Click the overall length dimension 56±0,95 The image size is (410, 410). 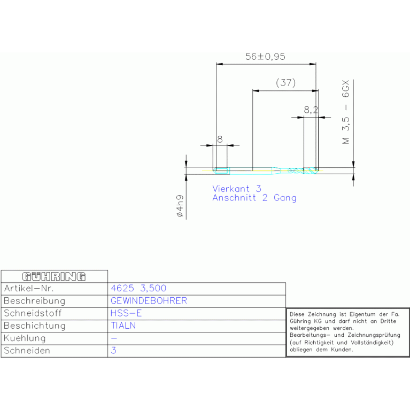pos(266,57)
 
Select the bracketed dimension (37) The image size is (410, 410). pos(285,83)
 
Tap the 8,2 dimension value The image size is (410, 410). pos(311,110)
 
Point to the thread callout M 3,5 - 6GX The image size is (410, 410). pos(346,113)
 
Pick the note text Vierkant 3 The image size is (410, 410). pos(237,189)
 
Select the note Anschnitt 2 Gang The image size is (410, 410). pos(254,198)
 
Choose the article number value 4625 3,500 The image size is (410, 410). pos(138,288)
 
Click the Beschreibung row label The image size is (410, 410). pos(34,301)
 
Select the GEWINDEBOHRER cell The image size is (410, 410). pos(149,301)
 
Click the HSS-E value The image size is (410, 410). pos(126,313)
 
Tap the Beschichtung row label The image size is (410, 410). pos(34,326)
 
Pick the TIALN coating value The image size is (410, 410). pos(123,326)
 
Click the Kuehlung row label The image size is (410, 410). pos(25,338)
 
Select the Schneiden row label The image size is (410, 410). pos(27,351)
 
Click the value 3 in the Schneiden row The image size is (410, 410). pos(113,351)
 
